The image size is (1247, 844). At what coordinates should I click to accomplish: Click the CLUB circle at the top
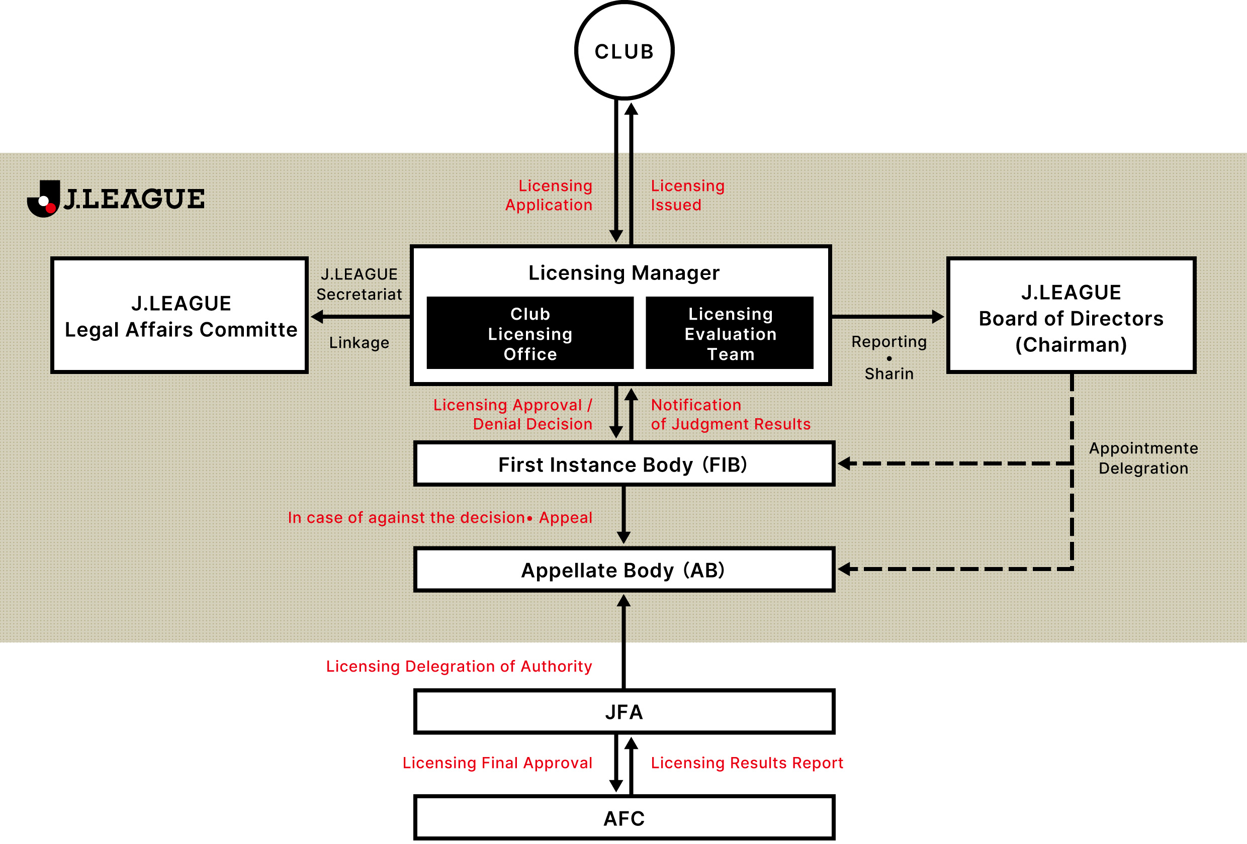pyautogui.click(x=624, y=51)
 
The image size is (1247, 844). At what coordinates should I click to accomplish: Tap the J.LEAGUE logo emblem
pyautogui.click(x=44, y=199)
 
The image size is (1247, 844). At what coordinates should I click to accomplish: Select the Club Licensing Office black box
pyautogui.click(x=530, y=333)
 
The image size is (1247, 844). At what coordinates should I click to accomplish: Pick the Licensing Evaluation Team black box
pyautogui.click(x=730, y=333)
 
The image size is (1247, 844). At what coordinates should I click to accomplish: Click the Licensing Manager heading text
pyautogui.click(x=623, y=273)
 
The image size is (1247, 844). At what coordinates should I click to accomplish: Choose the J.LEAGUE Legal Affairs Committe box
pyautogui.click(x=180, y=316)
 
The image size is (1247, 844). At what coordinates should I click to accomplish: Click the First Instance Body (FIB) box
pyautogui.click(x=623, y=464)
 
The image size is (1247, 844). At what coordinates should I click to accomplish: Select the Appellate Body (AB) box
pyautogui.click(x=623, y=570)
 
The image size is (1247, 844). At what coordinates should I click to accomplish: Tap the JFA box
pyautogui.click(x=623, y=711)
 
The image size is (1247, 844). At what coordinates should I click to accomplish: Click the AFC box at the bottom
pyautogui.click(x=623, y=818)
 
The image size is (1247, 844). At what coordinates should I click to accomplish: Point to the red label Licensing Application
pyautogui.click(x=549, y=196)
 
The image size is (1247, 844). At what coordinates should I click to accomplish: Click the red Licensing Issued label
pyautogui.click(x=687, y=196)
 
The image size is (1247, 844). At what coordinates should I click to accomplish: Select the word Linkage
pyautogui.click(x=359, y=343)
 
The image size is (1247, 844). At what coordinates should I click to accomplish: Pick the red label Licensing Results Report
pyautogui.click(x=747, y=763)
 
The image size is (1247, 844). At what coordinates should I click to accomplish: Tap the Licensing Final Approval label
pyautogui.click(x=497, y=763)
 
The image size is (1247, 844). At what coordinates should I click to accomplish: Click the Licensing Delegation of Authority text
pyautogui.click(x=459, y=666)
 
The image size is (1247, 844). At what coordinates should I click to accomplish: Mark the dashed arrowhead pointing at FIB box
pyautogui.click(x=845, y=463)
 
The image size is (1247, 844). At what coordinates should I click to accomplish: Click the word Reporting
pyautogui.click(x=889, y=342)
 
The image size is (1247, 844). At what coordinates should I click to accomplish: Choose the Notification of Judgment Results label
pyautogui.click(x=730, y=414)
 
